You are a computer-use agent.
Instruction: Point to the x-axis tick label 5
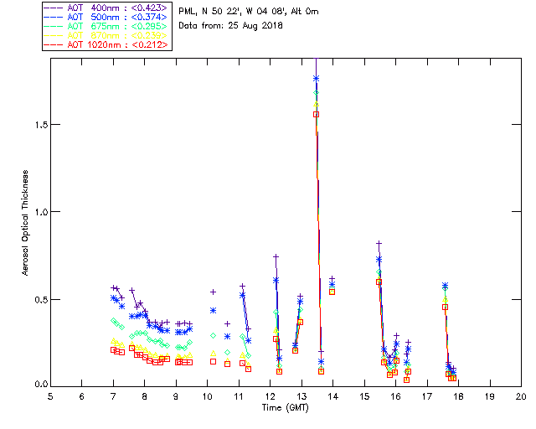click(50, 395)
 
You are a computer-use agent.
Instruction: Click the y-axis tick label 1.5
click(37, 124)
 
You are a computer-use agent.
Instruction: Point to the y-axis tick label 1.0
click(37, 212)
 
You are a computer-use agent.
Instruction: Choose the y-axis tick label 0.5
click(37, 299)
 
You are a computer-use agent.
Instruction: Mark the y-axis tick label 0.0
click(37, 385)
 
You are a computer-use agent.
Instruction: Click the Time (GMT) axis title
click(285, 406)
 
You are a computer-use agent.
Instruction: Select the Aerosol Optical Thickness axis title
click(25, 222)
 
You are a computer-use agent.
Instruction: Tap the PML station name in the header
click(187, 12)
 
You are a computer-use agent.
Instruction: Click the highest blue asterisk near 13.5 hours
click(317, 79)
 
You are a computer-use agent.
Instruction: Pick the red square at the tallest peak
click(317, 114)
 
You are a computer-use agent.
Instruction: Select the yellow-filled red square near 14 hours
click(332, 292)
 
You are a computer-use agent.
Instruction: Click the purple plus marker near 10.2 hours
click(213, 292)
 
